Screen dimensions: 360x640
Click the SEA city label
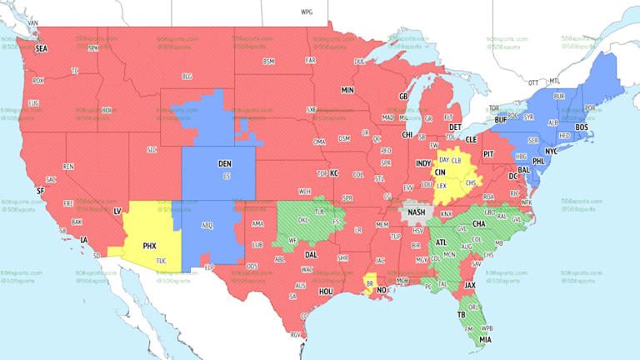41,49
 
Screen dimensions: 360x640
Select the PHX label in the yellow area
150,246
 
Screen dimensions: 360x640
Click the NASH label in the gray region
417,212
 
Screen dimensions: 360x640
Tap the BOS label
582,127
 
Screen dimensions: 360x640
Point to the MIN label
347,89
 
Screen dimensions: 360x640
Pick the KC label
334,173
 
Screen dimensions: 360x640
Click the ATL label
440,242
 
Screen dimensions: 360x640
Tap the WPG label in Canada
307,12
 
